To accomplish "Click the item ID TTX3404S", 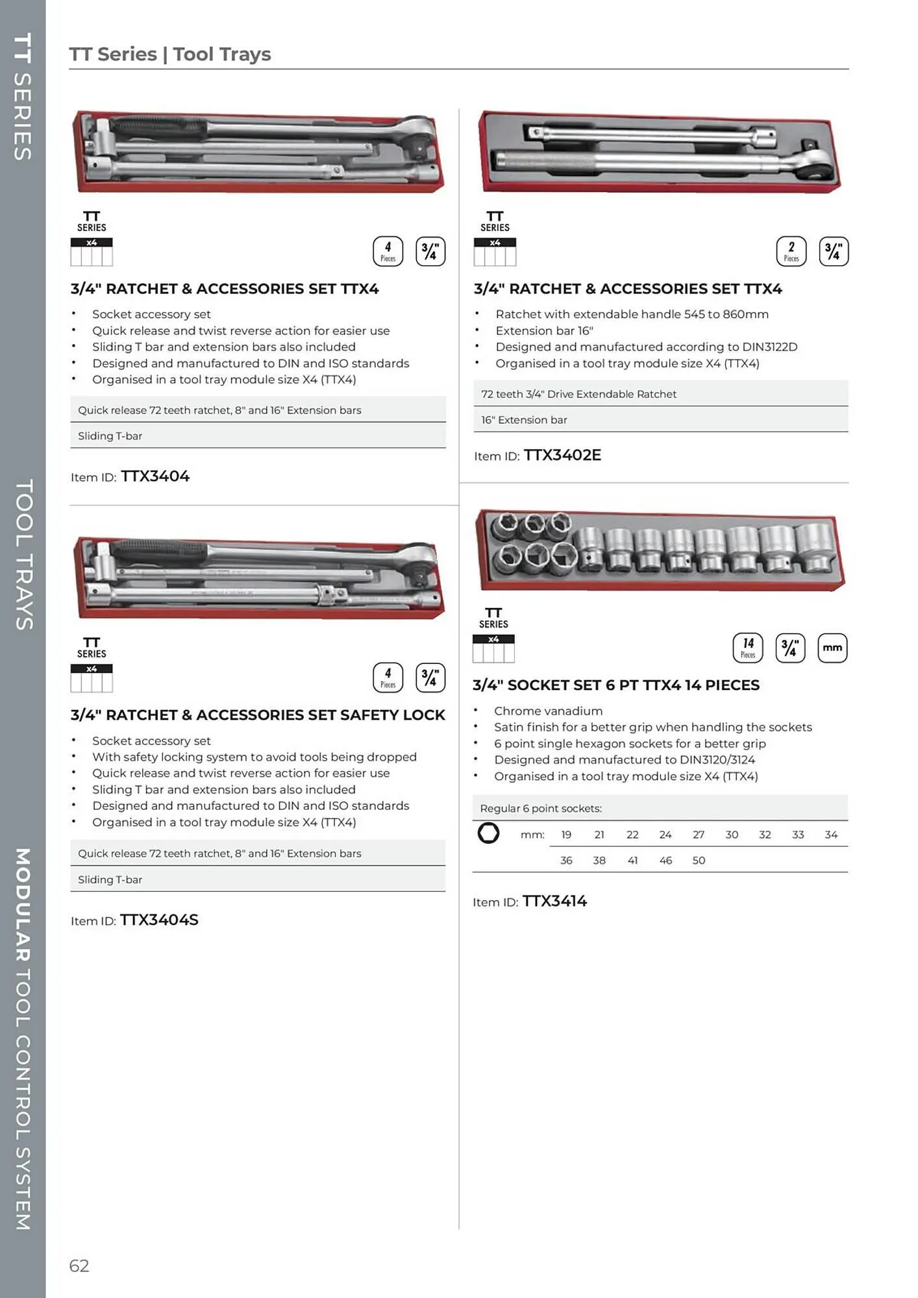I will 159,920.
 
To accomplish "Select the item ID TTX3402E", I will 562,455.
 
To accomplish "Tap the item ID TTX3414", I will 554,901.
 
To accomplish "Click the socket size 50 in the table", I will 699,860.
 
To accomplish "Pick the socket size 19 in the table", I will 566,835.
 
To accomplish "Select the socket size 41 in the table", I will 632,860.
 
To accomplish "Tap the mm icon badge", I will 832,648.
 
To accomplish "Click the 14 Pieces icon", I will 748,648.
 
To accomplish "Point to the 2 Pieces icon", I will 791,251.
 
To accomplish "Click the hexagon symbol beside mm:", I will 488,833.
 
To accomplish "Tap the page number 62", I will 79,1266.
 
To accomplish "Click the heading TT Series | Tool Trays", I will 170,54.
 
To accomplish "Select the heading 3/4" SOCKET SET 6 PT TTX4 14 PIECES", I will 615,685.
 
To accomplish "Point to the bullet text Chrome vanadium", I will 548,711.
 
